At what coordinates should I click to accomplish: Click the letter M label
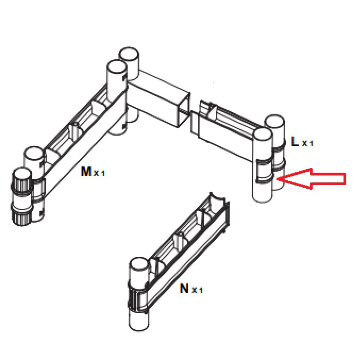click(86, 171)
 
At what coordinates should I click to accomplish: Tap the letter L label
click(295, 141)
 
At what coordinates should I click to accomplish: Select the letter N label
click(185, 288)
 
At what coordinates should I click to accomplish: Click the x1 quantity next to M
click(99, 173)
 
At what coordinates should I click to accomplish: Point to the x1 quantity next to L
click(307, 143)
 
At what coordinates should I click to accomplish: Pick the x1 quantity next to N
click(197, 290)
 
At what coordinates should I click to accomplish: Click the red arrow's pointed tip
click(277, 179)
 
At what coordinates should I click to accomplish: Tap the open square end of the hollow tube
click(184, 110)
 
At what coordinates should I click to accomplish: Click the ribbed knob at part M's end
click(22, 196)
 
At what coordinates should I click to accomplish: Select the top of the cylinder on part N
click(139, 264)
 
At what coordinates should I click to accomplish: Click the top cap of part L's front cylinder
click(262, 134)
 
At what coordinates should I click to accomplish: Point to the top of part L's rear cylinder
click(275, 121)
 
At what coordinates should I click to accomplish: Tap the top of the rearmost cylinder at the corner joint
click(129, 54)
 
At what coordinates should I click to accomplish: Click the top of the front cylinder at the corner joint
click(117, 66)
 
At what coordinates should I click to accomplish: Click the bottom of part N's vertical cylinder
click(139, 324)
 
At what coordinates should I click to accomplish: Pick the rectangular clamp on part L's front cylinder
click(264, 171)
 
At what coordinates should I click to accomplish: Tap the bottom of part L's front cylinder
click(262, 197)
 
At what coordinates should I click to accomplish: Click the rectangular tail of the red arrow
click(329, 179)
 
